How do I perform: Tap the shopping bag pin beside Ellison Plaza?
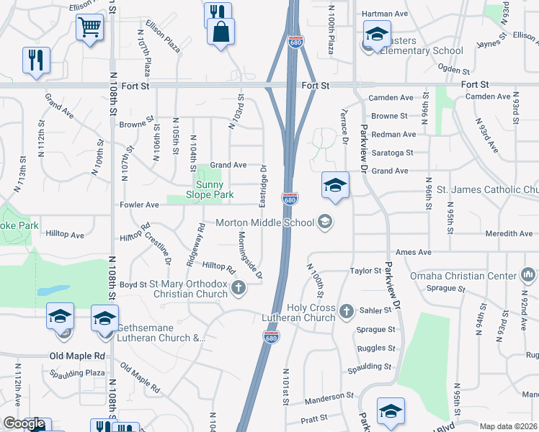tap(220, 32)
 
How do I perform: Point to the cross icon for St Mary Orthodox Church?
tap(238, 289)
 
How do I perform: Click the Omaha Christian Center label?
tap(463, 276)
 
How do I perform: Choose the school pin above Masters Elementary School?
tap(376, 35)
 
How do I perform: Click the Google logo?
tap(24, 424)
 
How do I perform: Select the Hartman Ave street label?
tap(384, 14)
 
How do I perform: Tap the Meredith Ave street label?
tap(509, 233)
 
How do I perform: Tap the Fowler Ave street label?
tap(138, 204)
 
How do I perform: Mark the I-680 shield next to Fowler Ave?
tap(290, 199)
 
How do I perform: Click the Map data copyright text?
tap(508, 426)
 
